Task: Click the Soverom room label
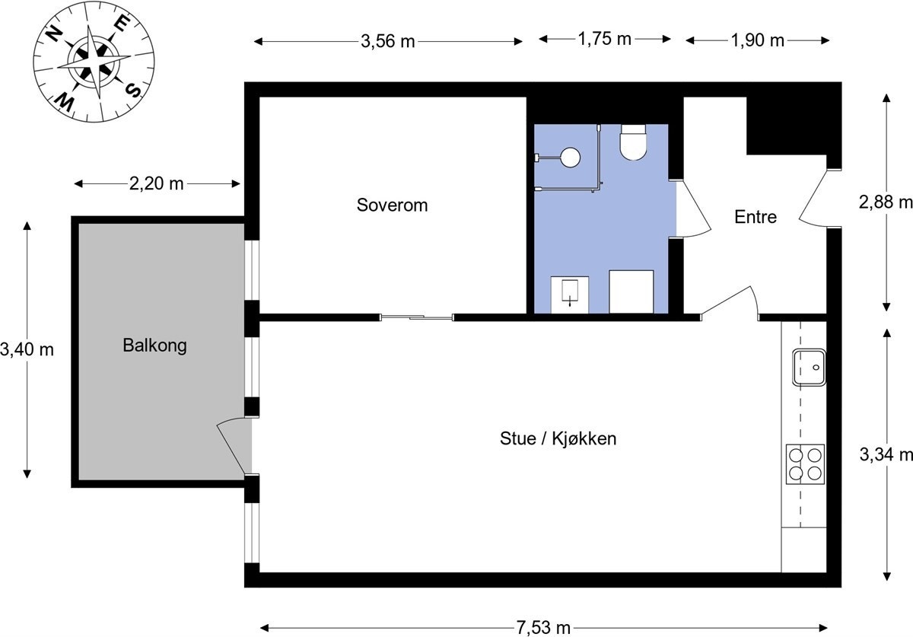tap(392, 205)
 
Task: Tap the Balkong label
tap(154, 346)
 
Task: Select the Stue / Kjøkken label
tap(558, 438)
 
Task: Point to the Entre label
tap(755, 217)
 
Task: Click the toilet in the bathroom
tap(633, 143)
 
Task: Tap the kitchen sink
tap(809, 367)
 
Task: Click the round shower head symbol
tap(569, 157)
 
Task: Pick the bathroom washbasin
tap(569, 295)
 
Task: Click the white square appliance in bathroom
tap(631, 291)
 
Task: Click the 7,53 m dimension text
tap(543, 628)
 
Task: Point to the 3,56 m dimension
tap(388, 41)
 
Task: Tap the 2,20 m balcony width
tap(156, 183)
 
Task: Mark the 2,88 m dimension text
tap(886, 202)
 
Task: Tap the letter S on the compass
tap(133, 91)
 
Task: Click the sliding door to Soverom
tap(417, 317)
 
